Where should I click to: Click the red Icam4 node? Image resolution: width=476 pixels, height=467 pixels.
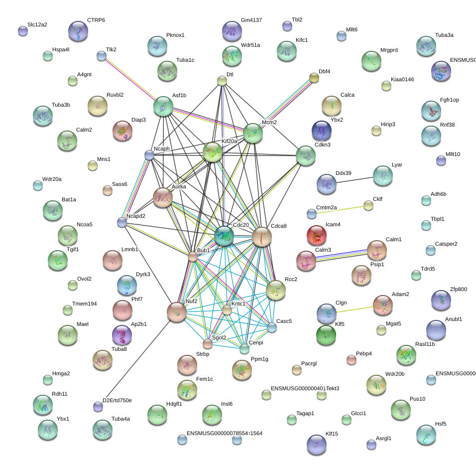pos(317,235)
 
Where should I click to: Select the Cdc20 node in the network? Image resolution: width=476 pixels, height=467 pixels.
pos(224,235)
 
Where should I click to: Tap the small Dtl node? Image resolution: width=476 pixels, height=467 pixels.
pos(222,81)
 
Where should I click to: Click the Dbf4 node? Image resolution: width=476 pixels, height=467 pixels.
pos(314,77)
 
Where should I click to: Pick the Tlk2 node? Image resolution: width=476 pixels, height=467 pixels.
pos(102,56)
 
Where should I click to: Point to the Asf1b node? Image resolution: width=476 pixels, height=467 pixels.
pos(163,106)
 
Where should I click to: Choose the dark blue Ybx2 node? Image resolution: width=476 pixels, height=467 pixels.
pos(321,131)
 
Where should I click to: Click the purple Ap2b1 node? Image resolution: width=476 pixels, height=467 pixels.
pos(122,335)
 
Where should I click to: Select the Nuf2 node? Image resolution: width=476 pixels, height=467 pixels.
pos(177,311)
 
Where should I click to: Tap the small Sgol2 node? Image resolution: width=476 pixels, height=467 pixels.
pos(208,344)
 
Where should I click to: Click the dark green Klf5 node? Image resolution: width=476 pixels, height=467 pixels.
pos(326,334)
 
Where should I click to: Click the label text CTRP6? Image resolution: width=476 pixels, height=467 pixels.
pos(96,20)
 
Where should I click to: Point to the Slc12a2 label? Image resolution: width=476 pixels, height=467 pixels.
pos(37,24)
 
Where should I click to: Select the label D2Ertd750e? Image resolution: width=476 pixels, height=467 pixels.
pos(117,400)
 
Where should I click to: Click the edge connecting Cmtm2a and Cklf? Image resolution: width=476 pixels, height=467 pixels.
pos(340,210)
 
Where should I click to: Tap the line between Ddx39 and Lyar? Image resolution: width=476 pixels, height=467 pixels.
pos(354,179)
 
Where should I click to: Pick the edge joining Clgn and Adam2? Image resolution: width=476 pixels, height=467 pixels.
pos(354,309)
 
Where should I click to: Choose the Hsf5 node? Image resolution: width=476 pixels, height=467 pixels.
pos(426,435)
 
